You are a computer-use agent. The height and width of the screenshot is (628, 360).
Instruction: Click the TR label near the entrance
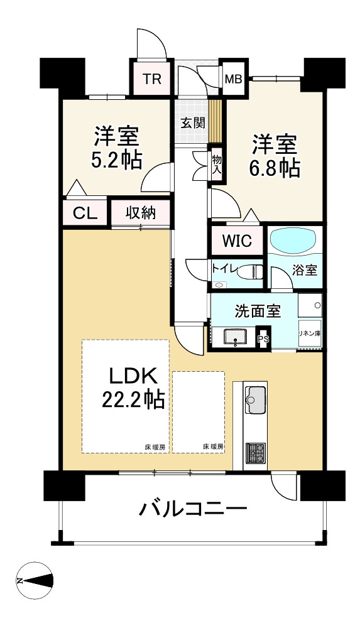(x=152, y=79)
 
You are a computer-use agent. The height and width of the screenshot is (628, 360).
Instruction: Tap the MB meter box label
(x=233, y=79)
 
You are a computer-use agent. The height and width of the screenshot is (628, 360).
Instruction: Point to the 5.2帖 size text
(x=117, y=160)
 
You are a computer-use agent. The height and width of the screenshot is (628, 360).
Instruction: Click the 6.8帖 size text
(x=275, y=170)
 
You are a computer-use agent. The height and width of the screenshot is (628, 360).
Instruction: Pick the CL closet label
(x=85, y=213)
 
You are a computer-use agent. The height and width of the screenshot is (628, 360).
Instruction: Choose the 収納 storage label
(x=141, y=213)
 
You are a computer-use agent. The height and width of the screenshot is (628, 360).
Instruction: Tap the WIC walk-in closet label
(x=237, y=241)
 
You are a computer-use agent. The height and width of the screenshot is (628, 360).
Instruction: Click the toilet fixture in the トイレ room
(x=249, y=273)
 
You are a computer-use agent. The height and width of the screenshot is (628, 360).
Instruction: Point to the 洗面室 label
(x=258, y=311)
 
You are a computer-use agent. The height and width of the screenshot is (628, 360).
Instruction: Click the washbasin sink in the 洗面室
(x=234, y=337)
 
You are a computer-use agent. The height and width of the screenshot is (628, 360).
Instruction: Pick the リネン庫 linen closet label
(x=310, y=333)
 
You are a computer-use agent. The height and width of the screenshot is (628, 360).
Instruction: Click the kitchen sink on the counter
(x=255, y=399)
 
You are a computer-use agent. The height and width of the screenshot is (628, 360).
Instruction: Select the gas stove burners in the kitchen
(x=255, y=453)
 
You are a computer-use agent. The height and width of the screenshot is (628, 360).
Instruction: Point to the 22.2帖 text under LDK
(x=133, y=399)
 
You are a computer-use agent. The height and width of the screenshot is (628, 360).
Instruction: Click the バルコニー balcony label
(x=193, y=509)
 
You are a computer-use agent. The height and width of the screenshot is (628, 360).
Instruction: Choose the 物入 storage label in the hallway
(x=217, y=163)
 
